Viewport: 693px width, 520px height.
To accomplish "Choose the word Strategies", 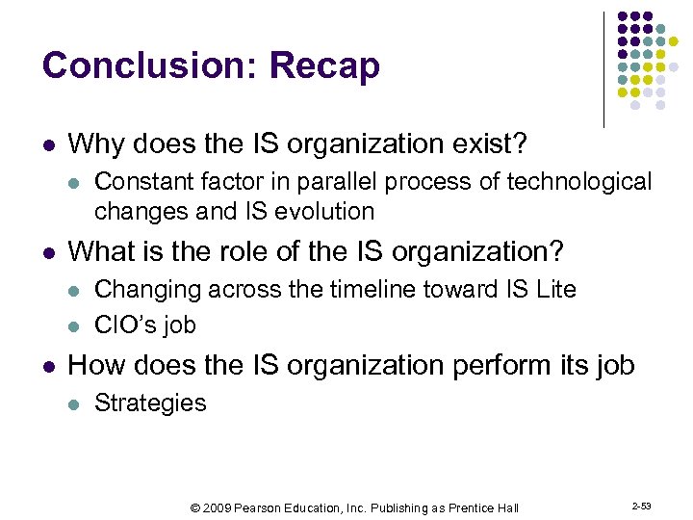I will point(150,403).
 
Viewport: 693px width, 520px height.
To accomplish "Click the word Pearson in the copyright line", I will point(262,507).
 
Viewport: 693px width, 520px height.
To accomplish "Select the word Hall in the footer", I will point(507,507).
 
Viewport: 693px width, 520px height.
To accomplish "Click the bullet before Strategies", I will point(75,403).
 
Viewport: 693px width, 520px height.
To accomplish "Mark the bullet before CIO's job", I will point(75,325).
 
